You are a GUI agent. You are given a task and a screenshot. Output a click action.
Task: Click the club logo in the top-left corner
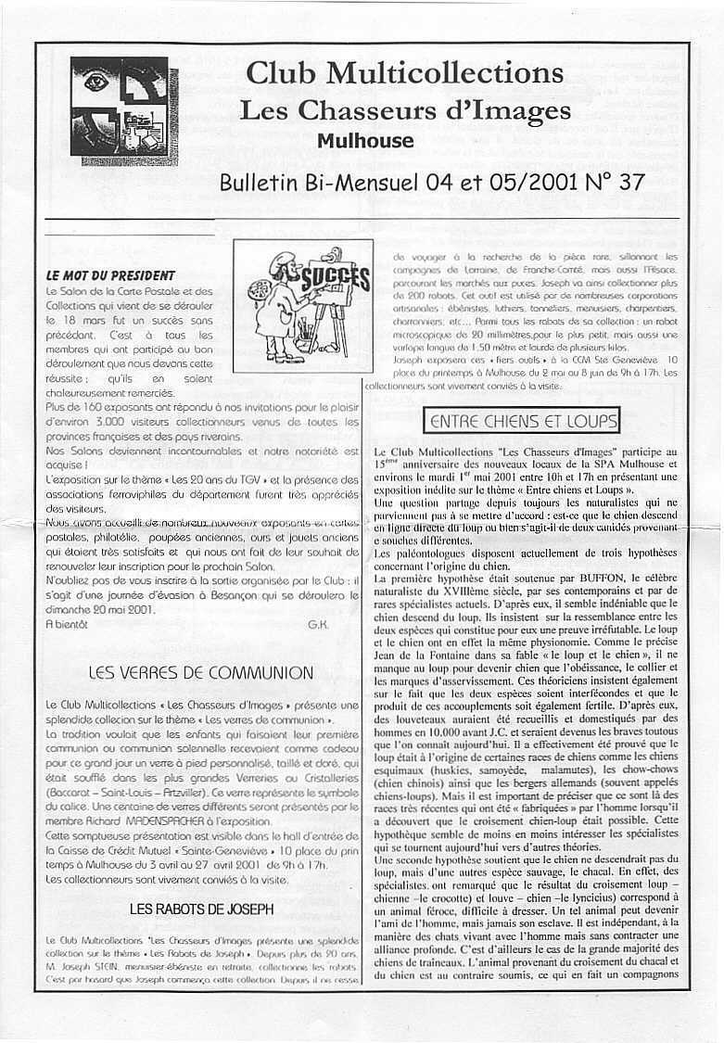coord(119,110)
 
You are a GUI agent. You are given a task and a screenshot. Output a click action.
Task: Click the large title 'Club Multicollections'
coord(404,72)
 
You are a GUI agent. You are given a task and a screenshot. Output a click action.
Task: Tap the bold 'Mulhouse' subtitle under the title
coord(365,141)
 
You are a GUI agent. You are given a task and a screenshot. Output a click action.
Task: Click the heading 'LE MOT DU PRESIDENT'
coord(110,275)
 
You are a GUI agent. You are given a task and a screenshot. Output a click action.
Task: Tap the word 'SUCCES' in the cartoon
coord(322,277)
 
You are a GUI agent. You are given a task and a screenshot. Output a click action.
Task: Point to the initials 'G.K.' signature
coord(317,625)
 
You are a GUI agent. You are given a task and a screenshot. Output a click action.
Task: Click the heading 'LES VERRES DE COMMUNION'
coord(200,672)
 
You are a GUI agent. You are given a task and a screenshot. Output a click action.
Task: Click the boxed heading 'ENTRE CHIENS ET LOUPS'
coord(523,422)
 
